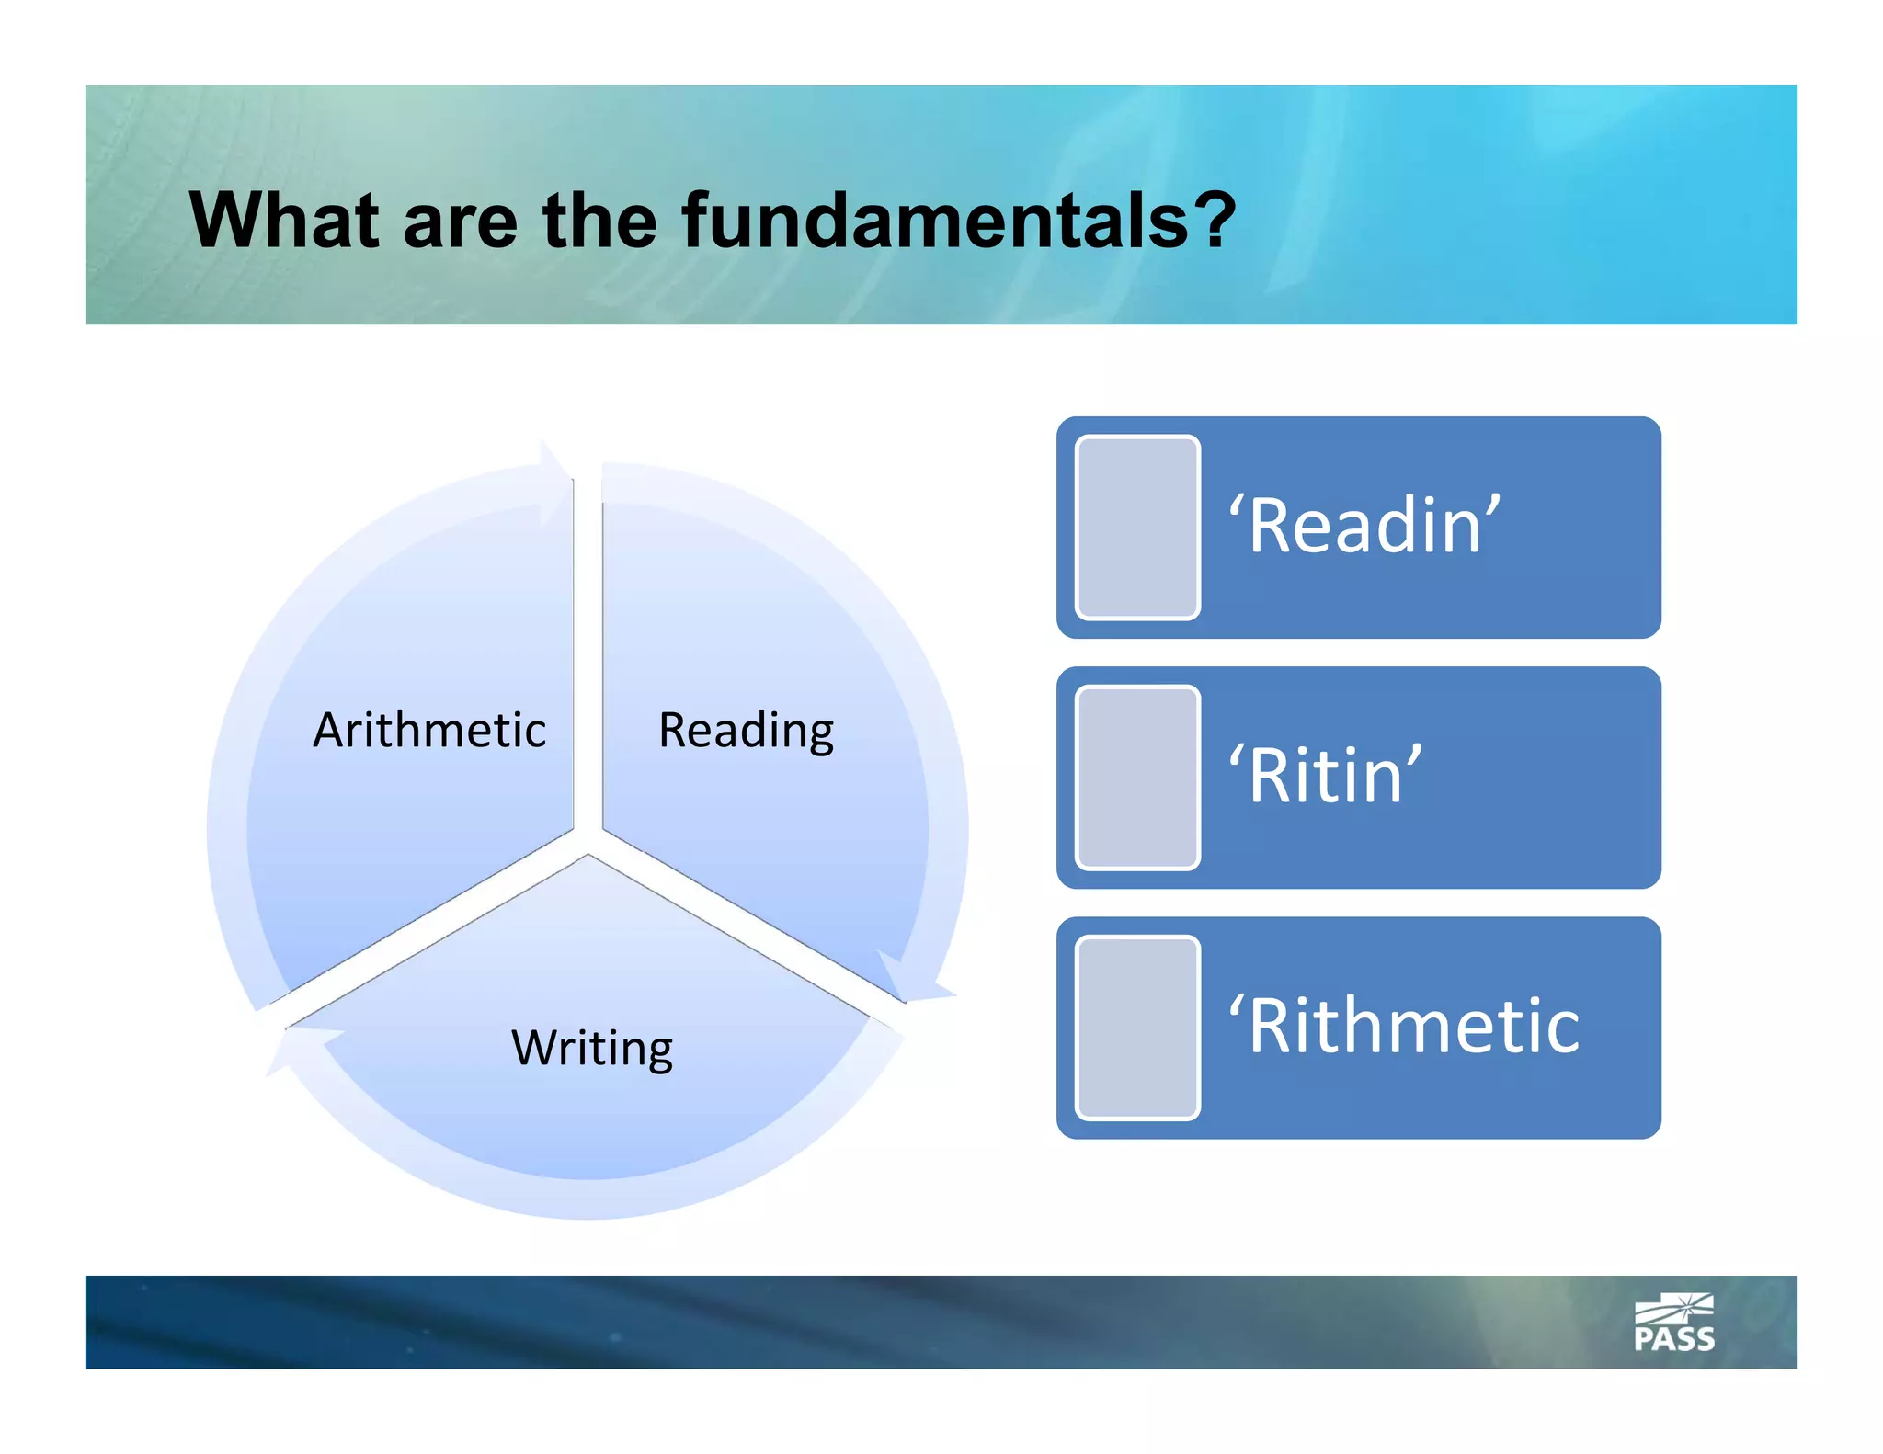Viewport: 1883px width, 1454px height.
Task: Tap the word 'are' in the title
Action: (x=460, y=222)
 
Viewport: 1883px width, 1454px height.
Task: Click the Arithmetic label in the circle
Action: (x=429, y=731)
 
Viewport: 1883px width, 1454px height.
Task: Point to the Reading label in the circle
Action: (x=746, y=731)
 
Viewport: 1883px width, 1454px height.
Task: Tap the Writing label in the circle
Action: (x=592, y=1048)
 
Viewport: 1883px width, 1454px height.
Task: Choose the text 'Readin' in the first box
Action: (x=1364, y=526)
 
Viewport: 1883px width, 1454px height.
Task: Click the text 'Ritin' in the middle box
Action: (x=1325, y=777)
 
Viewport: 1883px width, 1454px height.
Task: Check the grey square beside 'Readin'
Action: (x=1137, y=528)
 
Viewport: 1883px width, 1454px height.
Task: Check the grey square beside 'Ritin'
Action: (x=1137, y=778)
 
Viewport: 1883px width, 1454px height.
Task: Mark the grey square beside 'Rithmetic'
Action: (x=1137, y=1028)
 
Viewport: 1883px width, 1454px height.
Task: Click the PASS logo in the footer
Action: (x=1674, y=1323)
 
